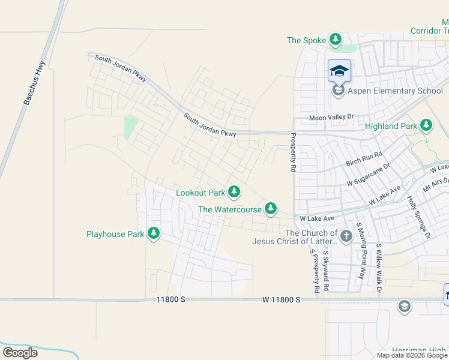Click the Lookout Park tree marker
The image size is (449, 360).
(234, 192)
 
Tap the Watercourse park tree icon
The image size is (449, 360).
(271, 208)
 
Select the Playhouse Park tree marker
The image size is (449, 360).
(154, 233)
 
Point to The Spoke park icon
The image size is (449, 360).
(336, 40)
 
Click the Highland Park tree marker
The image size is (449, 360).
(426, 125)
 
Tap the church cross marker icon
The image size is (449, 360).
(346, 236)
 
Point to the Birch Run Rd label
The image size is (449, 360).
(364, 160)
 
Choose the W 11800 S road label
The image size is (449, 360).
(281, 299)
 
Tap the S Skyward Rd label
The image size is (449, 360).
(326, 271)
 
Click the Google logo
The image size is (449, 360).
(20, 352)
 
